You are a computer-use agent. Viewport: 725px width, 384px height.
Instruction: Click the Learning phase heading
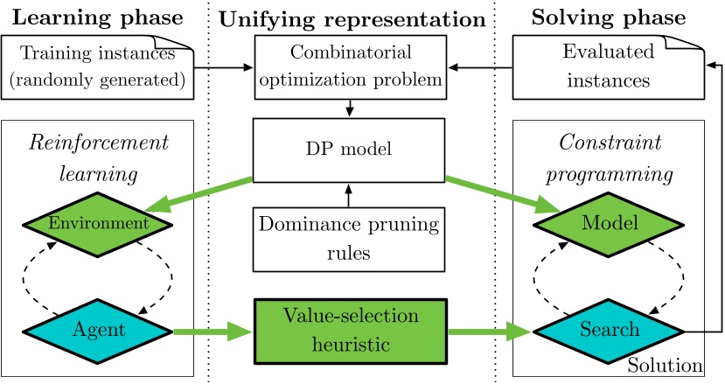pyautogui.click(x=98, y=17)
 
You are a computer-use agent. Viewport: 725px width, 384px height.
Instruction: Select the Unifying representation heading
pyautogui.click(x=352, y=17)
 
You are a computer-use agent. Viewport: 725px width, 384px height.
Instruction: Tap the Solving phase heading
pyautogui.click(x=610, y=17)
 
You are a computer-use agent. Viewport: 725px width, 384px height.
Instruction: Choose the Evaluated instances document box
pyautogui.click(x=609, y=66)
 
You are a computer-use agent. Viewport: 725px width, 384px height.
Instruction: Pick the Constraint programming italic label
pyautogui.click(x=610, y=158)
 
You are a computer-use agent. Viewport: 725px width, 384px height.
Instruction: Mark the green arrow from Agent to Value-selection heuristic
pyautogui.click(x=210, y=332)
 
